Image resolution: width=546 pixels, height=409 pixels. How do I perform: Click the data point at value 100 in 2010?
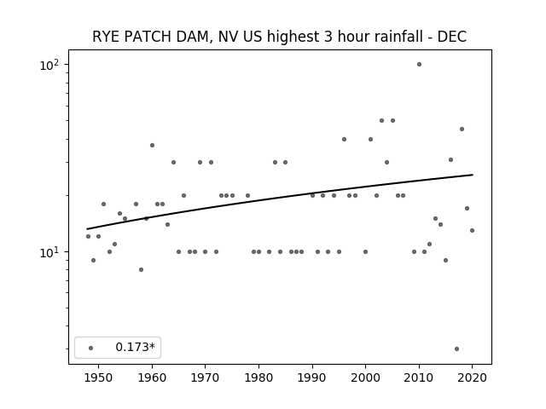pos(419,65)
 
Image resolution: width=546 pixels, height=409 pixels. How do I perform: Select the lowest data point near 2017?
pos(457,349)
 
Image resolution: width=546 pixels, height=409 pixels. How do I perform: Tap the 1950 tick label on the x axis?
pos(99,377)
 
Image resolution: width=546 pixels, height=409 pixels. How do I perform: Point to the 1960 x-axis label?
pos(152,377)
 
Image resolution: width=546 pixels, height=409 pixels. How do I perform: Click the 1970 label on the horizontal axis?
pos(206,377)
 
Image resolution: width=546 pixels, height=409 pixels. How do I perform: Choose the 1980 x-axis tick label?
pos(258,377)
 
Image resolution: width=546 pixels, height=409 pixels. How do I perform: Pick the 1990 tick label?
pos(312,377)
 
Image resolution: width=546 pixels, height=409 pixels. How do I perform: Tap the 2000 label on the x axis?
pos(366,377)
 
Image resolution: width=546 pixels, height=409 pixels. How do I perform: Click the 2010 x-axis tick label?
pos(419,377)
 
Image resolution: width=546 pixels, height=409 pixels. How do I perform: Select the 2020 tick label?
pos(473,377)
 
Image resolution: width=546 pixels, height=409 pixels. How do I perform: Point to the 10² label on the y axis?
pos(49,65)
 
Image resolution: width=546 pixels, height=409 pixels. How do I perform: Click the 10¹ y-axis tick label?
pos(49,252)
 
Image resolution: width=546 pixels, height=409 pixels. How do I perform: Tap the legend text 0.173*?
pos(135,347)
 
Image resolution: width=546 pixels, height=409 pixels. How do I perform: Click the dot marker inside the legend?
pos(91,348)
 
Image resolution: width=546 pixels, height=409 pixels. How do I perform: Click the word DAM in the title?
pos(195,37)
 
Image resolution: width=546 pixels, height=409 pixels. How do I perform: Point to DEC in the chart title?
pos(451,37)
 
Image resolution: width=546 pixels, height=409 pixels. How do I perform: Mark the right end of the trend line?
pos(473,175)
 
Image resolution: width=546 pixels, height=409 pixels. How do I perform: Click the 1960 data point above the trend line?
pos(152,146)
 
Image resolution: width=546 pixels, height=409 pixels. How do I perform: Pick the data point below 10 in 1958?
pos(141,269)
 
